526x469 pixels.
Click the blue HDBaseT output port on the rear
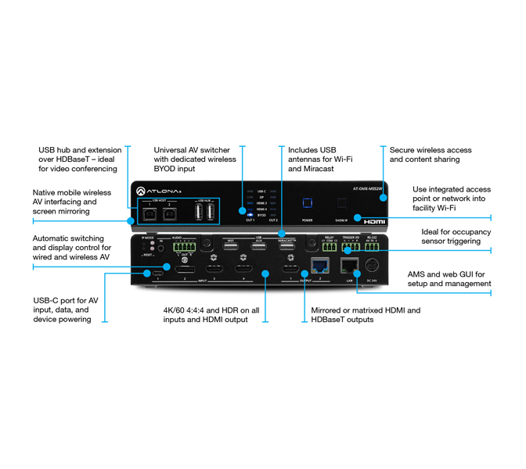(x=319, y=264)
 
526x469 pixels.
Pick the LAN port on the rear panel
(x=346, y=263)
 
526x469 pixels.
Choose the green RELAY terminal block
(x=328, y=247)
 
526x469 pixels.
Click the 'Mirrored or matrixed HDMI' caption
(x=365, y=315)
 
